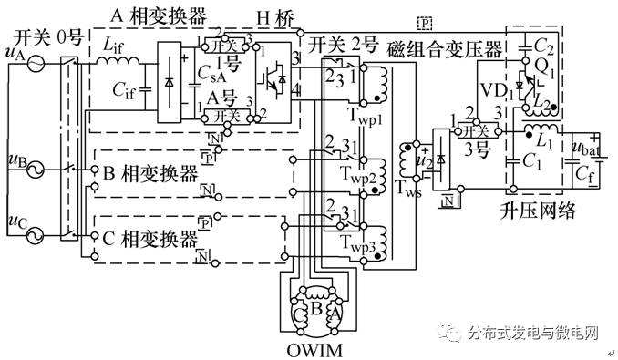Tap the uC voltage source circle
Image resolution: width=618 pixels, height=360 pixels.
click(x=37, y=236)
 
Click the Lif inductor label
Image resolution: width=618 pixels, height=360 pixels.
click(x=114, y=45)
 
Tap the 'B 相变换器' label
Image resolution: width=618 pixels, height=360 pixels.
click(x=150, y=170)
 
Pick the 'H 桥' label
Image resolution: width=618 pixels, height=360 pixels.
click(x=272, y=15)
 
